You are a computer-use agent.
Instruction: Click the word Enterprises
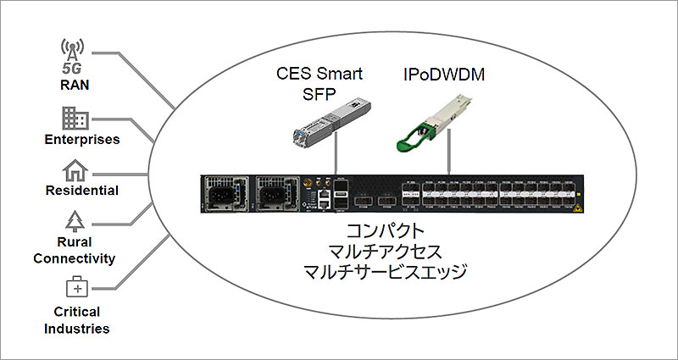[x=81, y=138]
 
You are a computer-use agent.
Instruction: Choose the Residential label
[x=81, y=191]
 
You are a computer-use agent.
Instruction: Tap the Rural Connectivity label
[x=81, y=251]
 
